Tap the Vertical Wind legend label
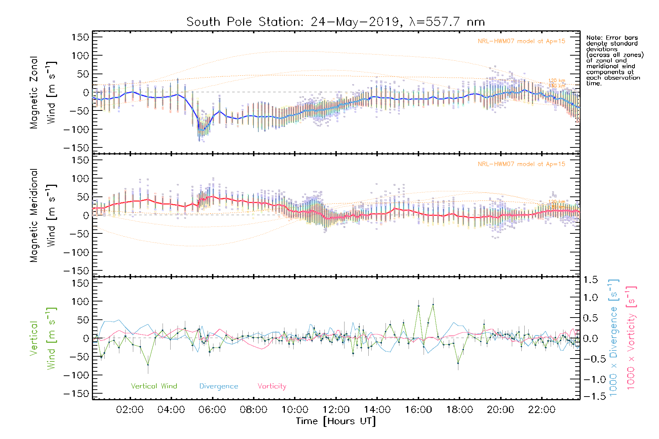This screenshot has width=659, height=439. [154, 386]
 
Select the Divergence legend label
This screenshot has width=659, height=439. [219, 386]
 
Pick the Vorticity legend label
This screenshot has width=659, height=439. [272, 386]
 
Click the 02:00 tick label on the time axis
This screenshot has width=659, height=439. [130, 410]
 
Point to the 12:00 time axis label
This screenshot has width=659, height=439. [336, 410]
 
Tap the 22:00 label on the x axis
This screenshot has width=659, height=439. [541, 410]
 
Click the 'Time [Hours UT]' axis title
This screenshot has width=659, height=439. [336, 421]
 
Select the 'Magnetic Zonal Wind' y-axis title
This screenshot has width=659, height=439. [43, 92]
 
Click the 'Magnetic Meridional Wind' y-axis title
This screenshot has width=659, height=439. [43, 215]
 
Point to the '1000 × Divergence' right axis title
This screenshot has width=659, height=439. [614, 338]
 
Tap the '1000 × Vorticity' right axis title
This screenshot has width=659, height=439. [631, 338]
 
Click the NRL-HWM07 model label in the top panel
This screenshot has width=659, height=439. [521, 41]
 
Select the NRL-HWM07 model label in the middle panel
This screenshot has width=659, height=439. [521, 164]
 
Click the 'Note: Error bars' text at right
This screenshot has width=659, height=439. [612, 38]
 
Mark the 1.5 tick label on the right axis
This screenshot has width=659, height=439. [591, 280]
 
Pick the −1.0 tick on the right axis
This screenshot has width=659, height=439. [590, 379]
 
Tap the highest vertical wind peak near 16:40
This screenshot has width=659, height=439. [433, 304]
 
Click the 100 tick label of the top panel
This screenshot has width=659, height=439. [81, 56]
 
